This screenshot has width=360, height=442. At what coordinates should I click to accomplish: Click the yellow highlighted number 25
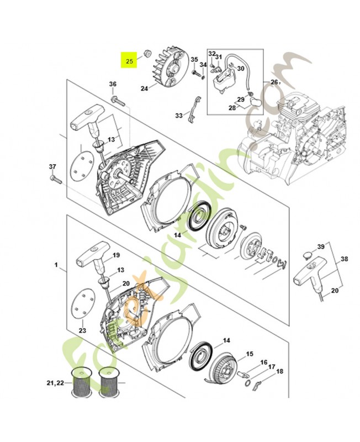[x=130, y=61]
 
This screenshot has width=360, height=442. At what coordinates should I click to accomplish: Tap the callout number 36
[x=113, y=84]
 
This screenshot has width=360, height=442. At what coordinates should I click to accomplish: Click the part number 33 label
[x=178, y=115]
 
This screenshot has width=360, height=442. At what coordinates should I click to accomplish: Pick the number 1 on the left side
[x=56, y=266]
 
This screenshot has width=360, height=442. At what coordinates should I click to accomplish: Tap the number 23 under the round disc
[x=82, y=330]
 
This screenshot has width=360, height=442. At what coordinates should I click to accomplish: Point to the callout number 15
[x=250, y=354]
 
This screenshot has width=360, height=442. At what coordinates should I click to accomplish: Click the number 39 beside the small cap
[x=320, y=246]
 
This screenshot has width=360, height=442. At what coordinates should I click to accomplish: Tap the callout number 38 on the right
[x=345, y=258]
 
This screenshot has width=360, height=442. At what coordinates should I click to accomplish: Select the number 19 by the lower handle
[x=116, y=255]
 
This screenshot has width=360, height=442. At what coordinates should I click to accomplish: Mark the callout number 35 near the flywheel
[x=194, y=60]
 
